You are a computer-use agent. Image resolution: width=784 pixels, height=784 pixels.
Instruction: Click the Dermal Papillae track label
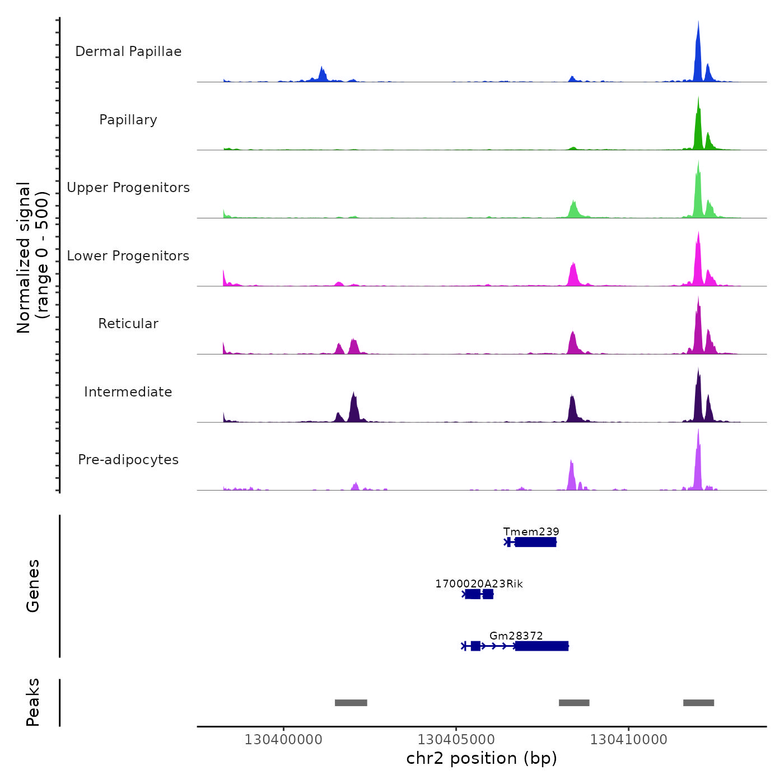(x=128, y=52)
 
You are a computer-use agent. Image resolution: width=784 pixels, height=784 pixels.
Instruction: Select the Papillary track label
(x=128, y=120)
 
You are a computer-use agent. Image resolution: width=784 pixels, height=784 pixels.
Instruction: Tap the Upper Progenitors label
(x=128, y=188)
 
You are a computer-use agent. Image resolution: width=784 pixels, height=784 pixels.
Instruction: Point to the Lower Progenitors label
(x=128, y=256)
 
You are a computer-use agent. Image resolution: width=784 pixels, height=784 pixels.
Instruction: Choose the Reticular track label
(x=128, y=324)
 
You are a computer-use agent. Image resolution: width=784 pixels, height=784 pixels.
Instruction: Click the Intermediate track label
(x=128, y=392)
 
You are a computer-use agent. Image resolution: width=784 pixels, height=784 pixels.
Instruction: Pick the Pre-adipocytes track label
(x=128, y=460)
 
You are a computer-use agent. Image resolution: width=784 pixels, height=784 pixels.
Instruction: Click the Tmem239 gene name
(x=531, y=531)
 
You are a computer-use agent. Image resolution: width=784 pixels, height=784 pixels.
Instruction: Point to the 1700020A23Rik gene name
(x=479, y=584)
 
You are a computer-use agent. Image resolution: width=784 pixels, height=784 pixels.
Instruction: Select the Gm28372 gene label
(x=516, y=636)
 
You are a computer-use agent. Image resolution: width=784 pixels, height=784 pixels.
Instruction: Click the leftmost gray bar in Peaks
(x=351, y=703)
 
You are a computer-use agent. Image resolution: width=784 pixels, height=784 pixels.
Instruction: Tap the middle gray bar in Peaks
(x=574, y=703)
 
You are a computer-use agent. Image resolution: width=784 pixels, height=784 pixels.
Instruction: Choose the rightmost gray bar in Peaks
(x=698, y=703)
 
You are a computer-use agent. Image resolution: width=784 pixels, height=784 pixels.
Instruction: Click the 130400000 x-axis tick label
(x=283, y=740)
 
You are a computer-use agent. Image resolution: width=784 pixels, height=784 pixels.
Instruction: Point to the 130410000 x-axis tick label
(x=628, y=740)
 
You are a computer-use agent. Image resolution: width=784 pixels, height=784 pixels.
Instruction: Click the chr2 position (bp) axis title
(x=482, y=758)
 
